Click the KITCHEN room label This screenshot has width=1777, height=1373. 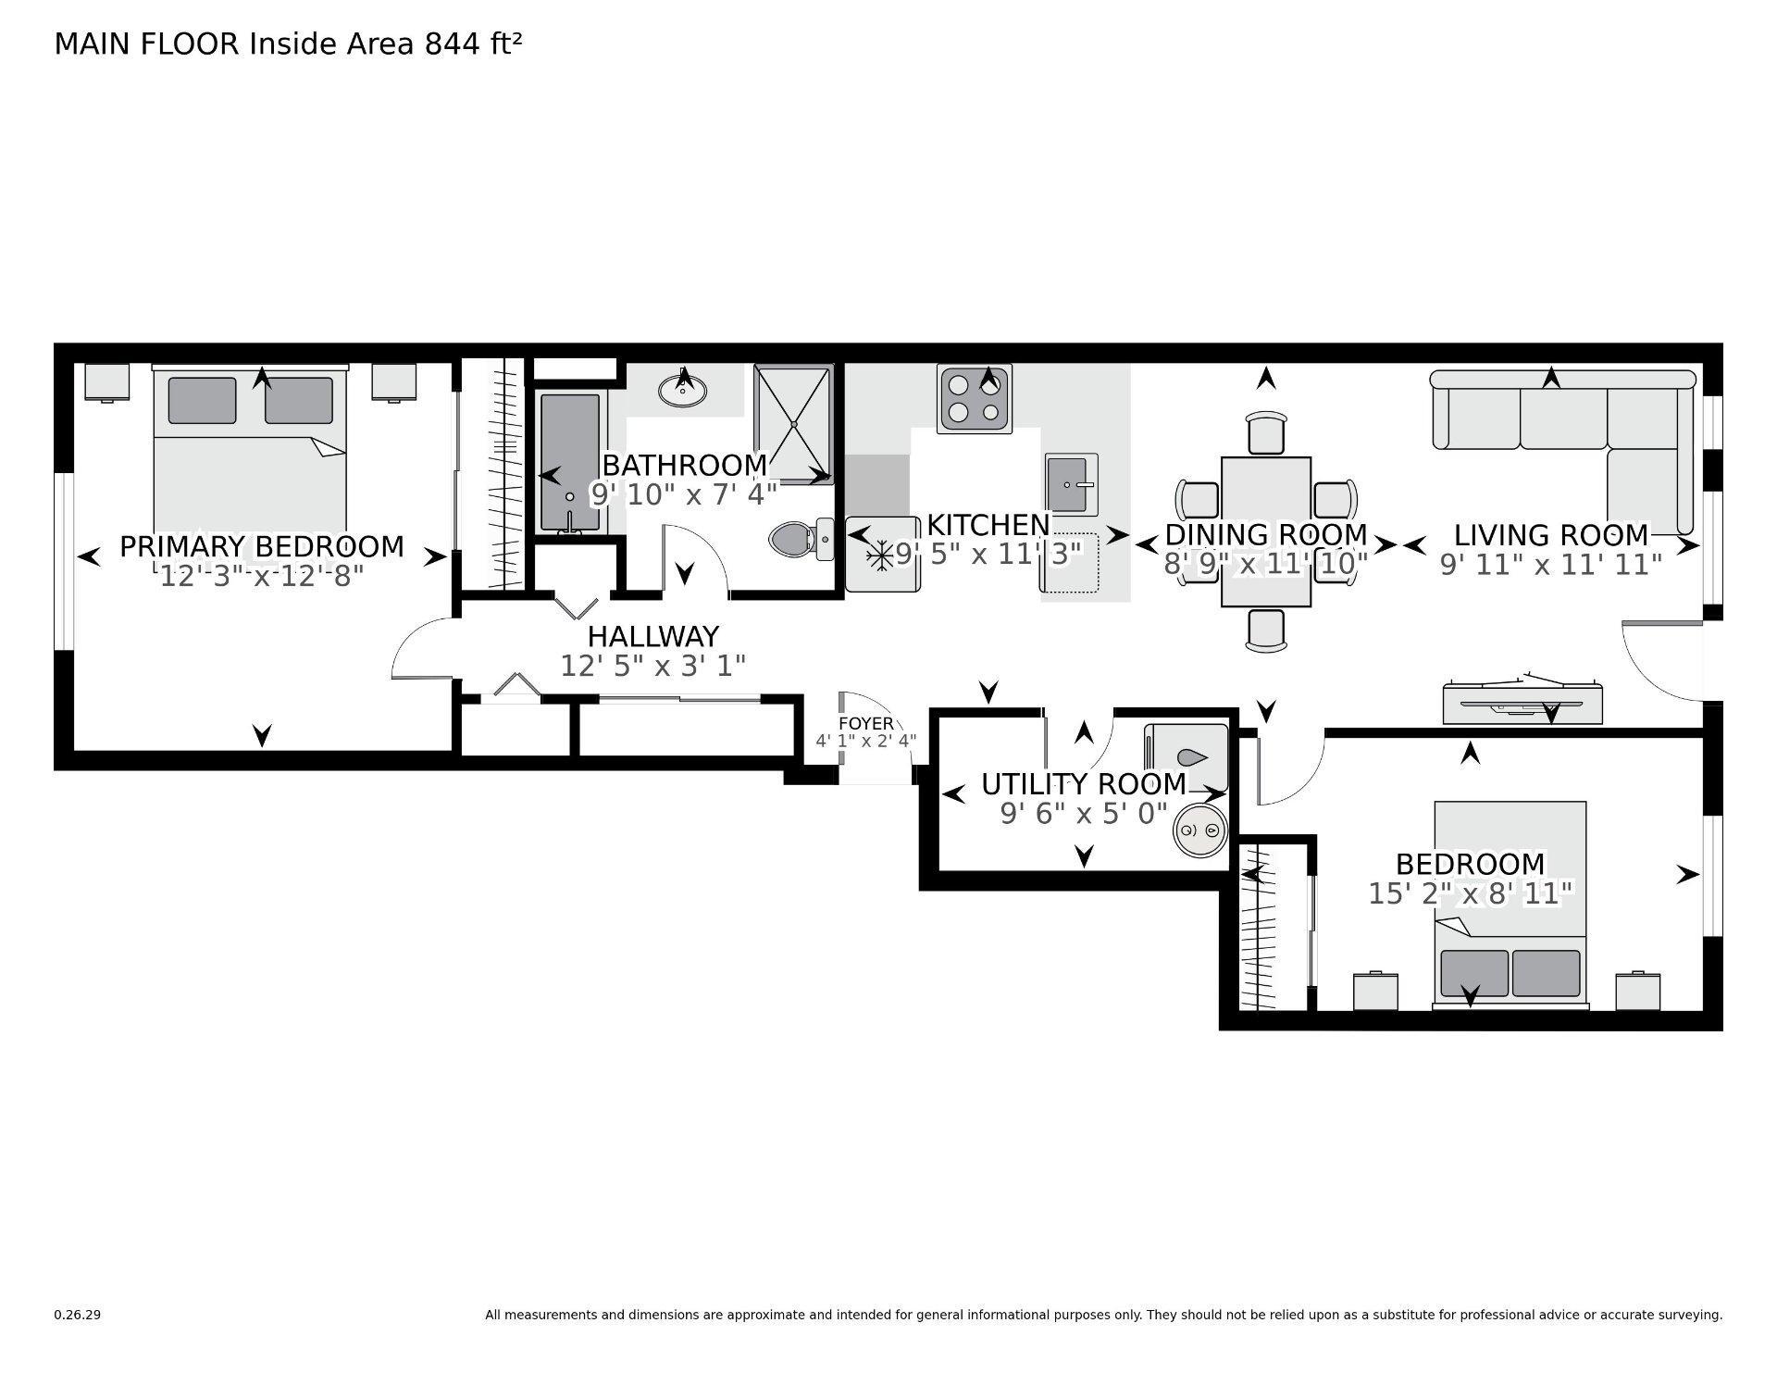[x=988, y=525]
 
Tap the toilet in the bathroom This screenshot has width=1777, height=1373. [x=793, y=539]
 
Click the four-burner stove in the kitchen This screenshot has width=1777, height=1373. [x=974, y=398]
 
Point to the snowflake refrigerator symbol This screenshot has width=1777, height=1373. [x=878, y=555]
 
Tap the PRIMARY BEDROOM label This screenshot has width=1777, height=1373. [x=262, y=546]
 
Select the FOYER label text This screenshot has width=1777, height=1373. [x=865, y=724]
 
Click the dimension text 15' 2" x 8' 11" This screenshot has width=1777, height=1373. [x=1470, y=893]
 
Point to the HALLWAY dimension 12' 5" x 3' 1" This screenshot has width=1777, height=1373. [x=652, y=666]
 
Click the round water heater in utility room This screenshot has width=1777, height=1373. [x=1199, y=830]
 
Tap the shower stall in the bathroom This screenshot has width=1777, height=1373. [x=794, y=423]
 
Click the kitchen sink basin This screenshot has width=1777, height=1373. [x=1070, y=484]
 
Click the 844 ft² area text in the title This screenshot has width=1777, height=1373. [x=473, y=44]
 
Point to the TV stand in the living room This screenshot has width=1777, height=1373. [x=1522, y=704]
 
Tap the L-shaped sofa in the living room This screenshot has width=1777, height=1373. [x=1564, y=417]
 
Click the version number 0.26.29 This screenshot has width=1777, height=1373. [x=77, y=1315]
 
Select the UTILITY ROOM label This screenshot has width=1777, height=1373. [x=1083, y=784]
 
